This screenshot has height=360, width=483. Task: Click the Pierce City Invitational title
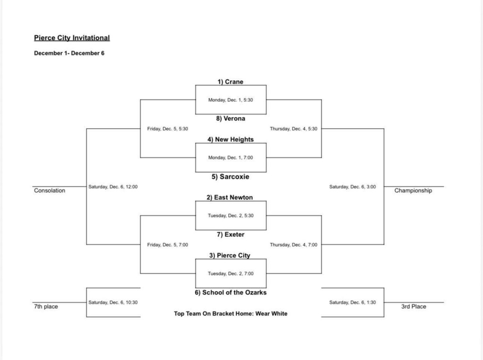coord(72,38)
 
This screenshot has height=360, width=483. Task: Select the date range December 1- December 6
coord(69,53)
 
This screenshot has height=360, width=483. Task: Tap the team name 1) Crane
coord(231,82)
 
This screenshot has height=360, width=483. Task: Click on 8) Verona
coord(231,119)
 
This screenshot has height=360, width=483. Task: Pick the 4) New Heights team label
coord(231,139)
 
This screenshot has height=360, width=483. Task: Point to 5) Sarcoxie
coord(231,177)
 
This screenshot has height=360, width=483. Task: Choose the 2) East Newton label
coord(231,197)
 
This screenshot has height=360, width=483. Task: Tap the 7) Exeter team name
coord(231,234)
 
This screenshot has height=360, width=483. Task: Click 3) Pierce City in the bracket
coord(231,255)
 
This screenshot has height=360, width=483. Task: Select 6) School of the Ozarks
coord(231,292)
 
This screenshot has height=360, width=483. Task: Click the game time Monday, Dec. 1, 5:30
coord(231,100)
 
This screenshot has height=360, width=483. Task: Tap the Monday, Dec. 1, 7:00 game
coord(231,158)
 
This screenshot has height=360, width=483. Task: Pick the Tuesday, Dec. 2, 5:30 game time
coord(231,216)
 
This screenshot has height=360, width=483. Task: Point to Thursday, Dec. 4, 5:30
coord(293,129)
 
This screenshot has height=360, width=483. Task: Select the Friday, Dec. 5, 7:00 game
coord(167,245)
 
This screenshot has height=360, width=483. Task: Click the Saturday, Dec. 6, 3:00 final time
coord(352,187)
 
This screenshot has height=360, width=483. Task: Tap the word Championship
coord(413,191)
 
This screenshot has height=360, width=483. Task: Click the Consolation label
coord(50,191)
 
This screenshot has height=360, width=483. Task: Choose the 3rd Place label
coord(413,307)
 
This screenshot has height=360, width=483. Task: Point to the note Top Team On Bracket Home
coord(231,313)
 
